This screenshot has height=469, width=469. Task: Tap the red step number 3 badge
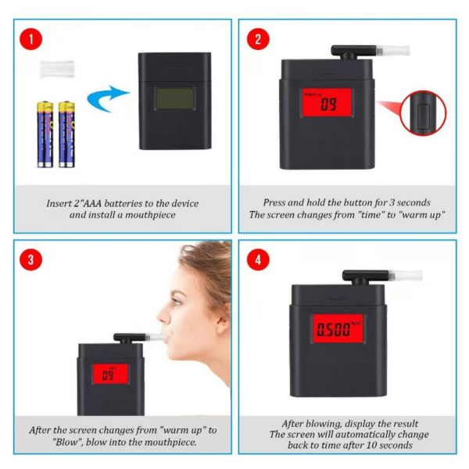[x=30, y=260]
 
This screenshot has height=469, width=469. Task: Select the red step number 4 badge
[x=257, y=260]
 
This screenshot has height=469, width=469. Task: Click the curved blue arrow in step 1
[x=106, y=101]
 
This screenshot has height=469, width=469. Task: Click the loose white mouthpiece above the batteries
[x=56, y=68]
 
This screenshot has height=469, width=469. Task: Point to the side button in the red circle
[x=422, y=112]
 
